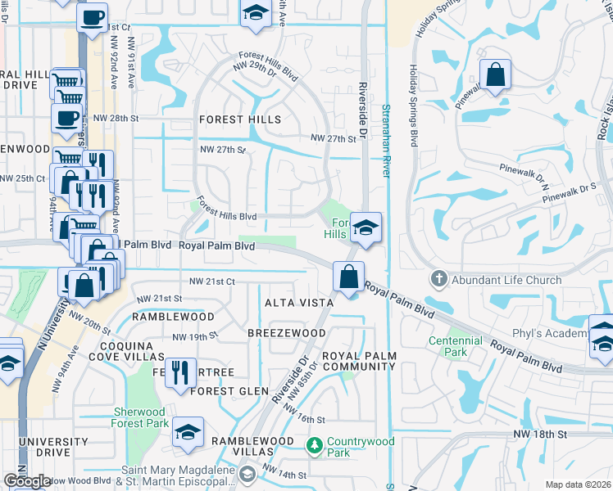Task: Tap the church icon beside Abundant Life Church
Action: click(439, 280)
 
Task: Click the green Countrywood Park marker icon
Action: click(314, 446)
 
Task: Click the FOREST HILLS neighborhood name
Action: click(240, 119)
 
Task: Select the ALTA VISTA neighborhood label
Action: click(298, 303)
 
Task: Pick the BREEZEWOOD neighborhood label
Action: click(287, 333)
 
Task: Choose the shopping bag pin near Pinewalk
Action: click(495, 74)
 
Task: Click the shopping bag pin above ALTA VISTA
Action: click(349, 277)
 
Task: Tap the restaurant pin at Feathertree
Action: click(180, 372)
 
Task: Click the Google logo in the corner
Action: click(27, 481)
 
